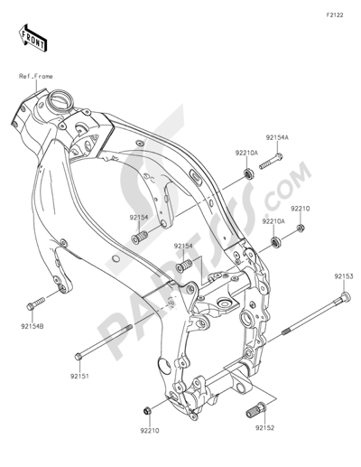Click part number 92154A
click(x=276, y=136)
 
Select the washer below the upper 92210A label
click(x=247, y=173)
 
